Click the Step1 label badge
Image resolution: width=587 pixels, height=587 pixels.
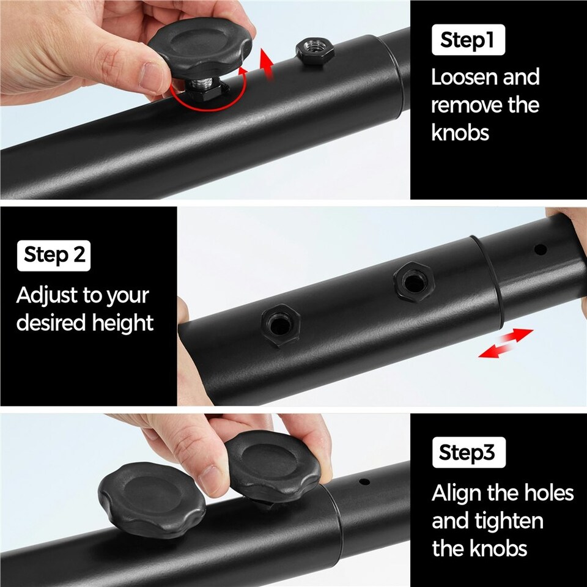468,40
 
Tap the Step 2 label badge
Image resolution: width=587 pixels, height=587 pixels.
54,256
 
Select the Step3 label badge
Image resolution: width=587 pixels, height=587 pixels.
469,452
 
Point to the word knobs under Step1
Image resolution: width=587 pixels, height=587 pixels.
460,133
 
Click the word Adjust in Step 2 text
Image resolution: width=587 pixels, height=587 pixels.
47,296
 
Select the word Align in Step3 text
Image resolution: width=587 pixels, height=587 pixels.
457,493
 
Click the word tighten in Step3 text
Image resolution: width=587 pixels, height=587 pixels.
508,521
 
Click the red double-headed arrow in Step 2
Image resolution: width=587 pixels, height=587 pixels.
506,343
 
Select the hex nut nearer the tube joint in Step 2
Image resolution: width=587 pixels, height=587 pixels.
414,281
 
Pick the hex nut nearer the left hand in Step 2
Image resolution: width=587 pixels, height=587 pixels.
281,325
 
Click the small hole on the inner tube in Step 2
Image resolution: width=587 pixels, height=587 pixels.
540,249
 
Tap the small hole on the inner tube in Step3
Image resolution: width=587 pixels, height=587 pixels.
364,481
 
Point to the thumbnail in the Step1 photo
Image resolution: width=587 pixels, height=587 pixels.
151,77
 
